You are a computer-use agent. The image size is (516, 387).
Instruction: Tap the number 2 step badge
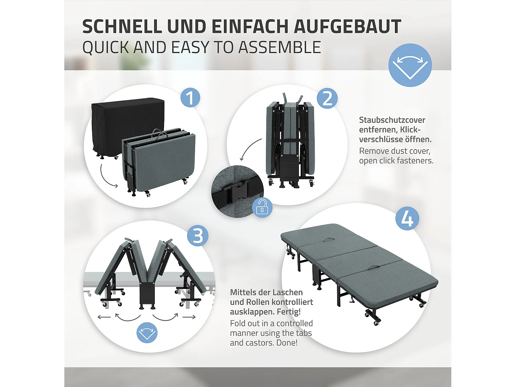327,98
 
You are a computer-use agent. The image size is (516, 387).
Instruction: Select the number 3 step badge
198,236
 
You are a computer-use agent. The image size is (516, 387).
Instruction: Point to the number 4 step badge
407,218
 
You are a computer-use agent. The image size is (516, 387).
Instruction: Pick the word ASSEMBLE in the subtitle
280,47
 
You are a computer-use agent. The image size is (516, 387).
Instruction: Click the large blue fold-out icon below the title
410,65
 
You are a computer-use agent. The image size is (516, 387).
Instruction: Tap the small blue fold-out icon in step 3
147,333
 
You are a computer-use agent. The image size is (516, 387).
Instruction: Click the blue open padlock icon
262,207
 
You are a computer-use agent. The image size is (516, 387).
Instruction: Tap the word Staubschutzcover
392,120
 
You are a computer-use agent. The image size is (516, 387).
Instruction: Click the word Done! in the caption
287,343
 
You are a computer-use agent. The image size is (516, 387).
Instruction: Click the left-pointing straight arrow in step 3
104,317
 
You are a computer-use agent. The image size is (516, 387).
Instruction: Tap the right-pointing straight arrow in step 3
189,317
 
